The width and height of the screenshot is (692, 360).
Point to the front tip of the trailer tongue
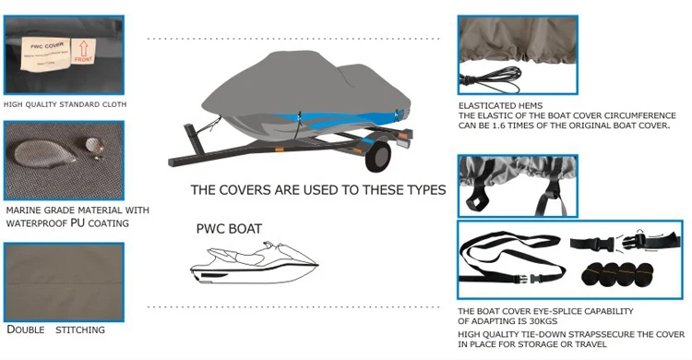[x=173, y=162]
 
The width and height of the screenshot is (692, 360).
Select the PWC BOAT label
[x=229, y=228]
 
